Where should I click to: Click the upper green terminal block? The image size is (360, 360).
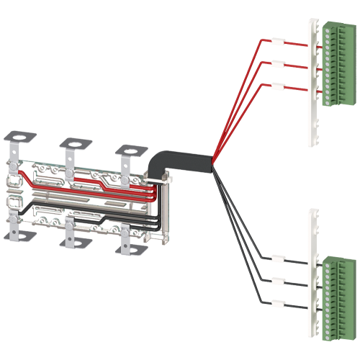tap(336, 65)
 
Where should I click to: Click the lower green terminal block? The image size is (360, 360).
tap(336, 285)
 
